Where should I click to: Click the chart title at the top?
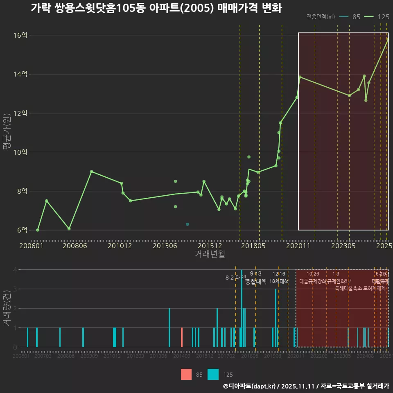click(x=156, y=9)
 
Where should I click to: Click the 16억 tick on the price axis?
click(x=20, y=35)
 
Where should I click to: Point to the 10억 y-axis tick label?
click(x=20, y=152)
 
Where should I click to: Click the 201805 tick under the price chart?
click(x=253, y=246)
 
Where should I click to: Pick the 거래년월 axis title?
click(x=210, y=254)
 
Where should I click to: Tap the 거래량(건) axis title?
click(x=6, y=308)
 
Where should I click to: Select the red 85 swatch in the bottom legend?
click(x=186, y=374)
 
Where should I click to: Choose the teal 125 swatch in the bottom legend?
click(x=213, y=374)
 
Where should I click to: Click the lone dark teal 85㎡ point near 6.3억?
click(x=187, y=224)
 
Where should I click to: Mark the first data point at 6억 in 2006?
click(x=38, y=230)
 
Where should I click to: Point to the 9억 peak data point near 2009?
click(x=91, y=172)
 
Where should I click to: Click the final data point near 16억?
click(x=388, y=39)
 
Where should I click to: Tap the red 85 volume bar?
click(x=182, y=337)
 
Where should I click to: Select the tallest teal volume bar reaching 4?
click(x=242, y=308)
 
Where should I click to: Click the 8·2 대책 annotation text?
click(x=233, y=278)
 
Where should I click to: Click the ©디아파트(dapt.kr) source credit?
click(x=250, y=386)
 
